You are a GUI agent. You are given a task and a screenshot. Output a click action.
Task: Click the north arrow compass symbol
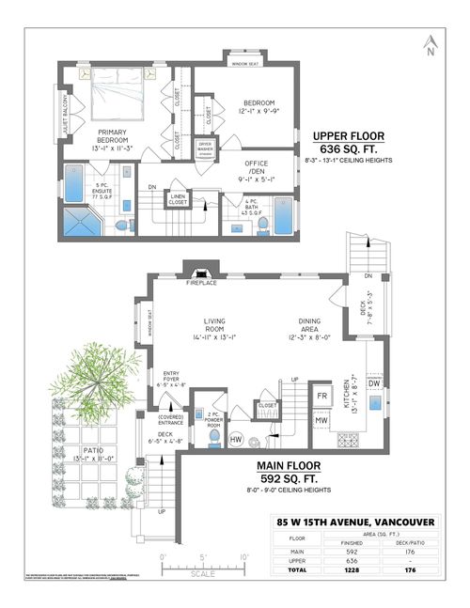(x=428, y=45)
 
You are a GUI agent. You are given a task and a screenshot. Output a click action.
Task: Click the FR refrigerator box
(x=321, y=396)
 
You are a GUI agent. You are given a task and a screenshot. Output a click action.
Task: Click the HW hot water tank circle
(x=236, y=438)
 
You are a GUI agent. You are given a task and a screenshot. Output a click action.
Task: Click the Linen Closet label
(x=177, y=198)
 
